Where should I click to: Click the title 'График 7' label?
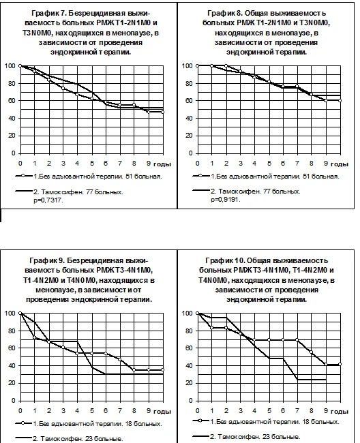pos(48,13)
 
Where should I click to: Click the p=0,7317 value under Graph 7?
pos(48,200)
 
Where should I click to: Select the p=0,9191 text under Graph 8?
pos(225,200)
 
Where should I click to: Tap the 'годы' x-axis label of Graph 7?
pos(162,164)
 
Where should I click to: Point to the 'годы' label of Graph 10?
pos(340,412)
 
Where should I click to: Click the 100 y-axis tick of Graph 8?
pos(187,66)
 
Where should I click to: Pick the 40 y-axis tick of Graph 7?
pos(12,118)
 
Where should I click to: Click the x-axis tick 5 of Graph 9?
pos(92,410)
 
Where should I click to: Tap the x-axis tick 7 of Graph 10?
pos(297,410)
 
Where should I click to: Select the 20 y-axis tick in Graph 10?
pos(188,383)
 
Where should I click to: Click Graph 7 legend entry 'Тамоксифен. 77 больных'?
pos(78,192)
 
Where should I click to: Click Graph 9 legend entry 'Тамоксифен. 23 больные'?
pos(78,439)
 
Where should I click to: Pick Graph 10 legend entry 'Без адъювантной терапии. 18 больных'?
pos(274,421)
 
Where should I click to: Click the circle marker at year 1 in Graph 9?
pos(35,337)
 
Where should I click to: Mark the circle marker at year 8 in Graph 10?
pos(312,352)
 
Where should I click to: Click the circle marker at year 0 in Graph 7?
pos(20,66)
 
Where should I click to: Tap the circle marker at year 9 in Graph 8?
pos(326,101)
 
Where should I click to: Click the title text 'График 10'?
pos(223,260)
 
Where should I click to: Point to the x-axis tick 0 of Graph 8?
pos(197,164)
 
